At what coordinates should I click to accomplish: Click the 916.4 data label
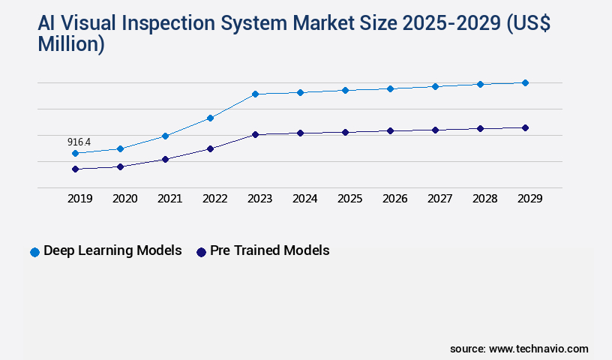click(79, 142)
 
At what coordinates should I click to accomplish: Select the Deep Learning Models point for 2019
click(75, 153)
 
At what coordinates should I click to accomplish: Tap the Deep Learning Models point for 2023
click(255, 94)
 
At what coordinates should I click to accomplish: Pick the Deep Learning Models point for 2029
click(525, 82)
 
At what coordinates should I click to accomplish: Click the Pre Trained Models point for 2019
click(75, 169)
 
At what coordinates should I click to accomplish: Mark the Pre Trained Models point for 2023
click(255, 134)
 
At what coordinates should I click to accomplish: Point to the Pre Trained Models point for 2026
click(390, 130)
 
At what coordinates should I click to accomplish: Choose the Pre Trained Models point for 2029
click(525, 127)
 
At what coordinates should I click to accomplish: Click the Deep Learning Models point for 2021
click(165, 136)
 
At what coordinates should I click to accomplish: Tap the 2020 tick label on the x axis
click(124, 199)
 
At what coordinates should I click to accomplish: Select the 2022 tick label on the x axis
click(214, 199)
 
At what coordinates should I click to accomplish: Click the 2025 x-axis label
click(349, 199)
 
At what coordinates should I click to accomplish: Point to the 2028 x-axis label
click(484, 199)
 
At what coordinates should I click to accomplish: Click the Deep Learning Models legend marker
click(34, 252)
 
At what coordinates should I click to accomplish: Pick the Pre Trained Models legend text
click(269, 250)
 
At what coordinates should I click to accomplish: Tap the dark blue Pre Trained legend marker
click(201, 252)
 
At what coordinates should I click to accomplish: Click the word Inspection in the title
click(187, 23)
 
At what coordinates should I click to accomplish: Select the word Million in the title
click(70, 44)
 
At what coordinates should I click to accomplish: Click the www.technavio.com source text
click(538, 349)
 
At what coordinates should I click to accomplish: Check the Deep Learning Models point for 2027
click(435, 86)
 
